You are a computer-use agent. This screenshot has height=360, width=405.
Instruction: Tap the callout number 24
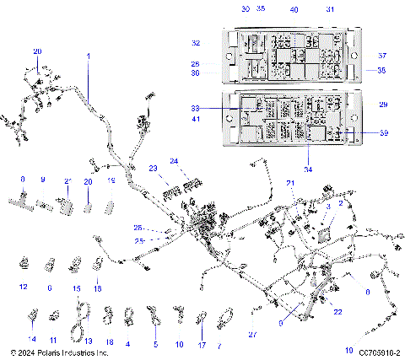pos(174,160)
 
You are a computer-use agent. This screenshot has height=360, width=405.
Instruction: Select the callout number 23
pos(154,168)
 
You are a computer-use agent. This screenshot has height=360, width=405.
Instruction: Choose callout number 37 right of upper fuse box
pos(381,56)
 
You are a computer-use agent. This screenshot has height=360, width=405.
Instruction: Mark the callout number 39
pos(385,133)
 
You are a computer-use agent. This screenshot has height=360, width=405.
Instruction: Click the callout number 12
pos(24,287)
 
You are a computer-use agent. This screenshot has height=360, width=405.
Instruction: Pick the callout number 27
pos(251,335)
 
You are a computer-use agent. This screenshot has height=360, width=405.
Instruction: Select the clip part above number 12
pos(24,265)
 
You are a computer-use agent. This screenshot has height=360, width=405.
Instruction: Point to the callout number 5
pos(155,344)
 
